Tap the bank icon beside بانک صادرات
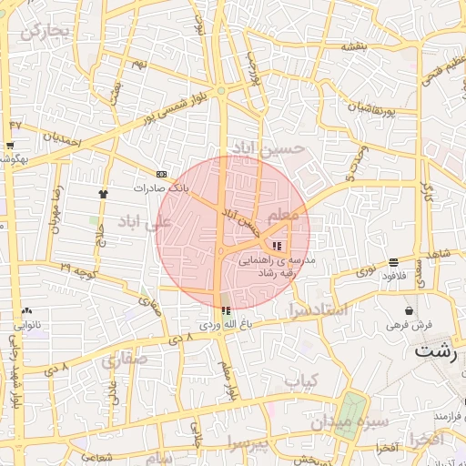tap(162, 173)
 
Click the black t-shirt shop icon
tap(103, 193)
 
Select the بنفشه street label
tap(354, 46)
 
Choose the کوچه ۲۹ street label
tap(78, 270)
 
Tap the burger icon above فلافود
tap(392, 261)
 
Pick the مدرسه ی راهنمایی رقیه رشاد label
tap(277, 265)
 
